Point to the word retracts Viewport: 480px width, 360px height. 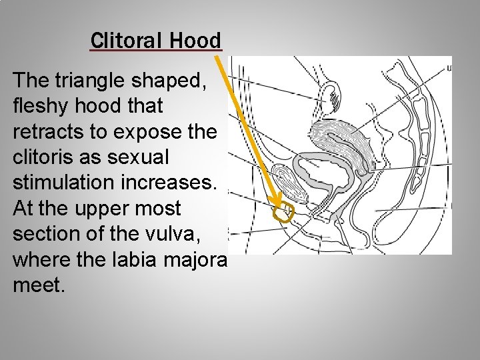click(43, 133)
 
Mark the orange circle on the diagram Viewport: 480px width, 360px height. click(285, 211)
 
